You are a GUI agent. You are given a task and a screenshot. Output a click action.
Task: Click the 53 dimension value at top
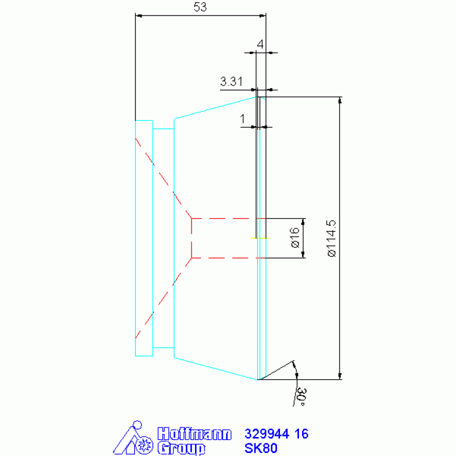[200, 7]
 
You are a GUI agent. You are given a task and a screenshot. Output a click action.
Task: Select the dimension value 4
[260, 44]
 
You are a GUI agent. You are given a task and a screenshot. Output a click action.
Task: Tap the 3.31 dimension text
[231, 81]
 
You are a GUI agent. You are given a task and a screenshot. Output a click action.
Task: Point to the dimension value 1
[243, 119]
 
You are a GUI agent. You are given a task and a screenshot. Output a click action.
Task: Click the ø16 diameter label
[295, 238]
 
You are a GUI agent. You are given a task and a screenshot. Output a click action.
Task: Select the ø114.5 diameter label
[332, 238]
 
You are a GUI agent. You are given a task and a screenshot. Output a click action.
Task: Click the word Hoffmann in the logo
[194, 434]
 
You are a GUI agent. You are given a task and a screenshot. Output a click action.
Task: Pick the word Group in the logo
[181, 448]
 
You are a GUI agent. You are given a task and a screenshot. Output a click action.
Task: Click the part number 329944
[267, 434]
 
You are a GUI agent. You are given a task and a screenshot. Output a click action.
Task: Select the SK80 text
[261, 448]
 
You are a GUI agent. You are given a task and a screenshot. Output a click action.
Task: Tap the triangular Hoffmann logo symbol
[133, 438]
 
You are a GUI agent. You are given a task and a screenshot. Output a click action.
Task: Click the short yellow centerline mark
[260, 238]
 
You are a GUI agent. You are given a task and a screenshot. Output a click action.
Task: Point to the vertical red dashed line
[191, 238]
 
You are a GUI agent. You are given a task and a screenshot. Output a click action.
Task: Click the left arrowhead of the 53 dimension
[139, 15]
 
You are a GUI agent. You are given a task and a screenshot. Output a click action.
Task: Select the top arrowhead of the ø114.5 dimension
[340, 100]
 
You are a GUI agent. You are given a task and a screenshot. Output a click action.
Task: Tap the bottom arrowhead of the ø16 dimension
[303, 254]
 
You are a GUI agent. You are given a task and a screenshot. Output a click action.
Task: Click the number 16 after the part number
[301, 434]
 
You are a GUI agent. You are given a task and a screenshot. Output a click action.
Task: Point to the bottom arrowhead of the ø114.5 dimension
[340, 376]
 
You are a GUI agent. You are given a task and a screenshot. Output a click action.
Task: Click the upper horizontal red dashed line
[228, 218]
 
